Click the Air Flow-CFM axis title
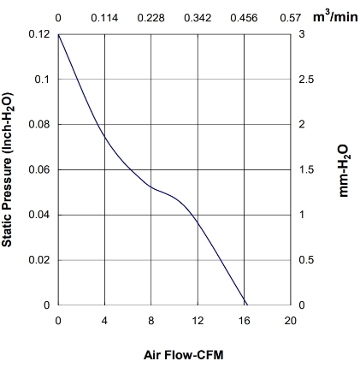(184, 355)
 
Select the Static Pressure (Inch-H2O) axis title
(7, 169)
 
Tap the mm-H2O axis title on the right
(344, 171)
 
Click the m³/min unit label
(335, 16)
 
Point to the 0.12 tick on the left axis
(39, 34)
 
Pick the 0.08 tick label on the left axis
(39, 124)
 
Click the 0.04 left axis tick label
(39, 215)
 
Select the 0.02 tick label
(39, 260)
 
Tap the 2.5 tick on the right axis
(306, 80)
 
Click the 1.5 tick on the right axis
(306, 169)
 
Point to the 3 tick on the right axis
(302, 34)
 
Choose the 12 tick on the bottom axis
(198, 321)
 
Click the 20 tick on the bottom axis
(290, 321)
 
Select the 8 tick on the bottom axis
(151, 321)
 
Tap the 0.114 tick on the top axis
(104, 18)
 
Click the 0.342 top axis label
(198, 18)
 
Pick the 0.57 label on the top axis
(290, 18)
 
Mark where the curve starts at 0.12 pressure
(58, 34)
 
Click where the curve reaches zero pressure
(247, 305)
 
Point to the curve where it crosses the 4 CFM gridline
(105, 137)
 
